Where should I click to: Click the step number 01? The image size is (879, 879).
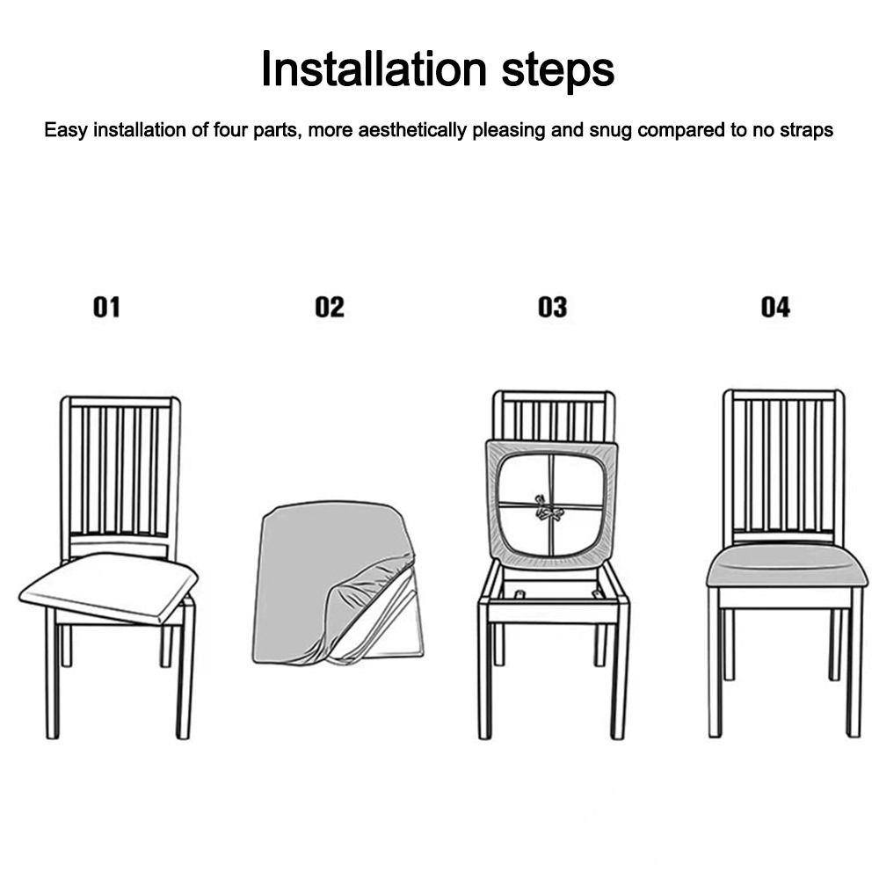click(106, 307)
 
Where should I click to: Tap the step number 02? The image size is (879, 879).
click(330, 307)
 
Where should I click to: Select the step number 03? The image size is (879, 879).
click(553, 307)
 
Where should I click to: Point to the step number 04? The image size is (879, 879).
click(775, 307)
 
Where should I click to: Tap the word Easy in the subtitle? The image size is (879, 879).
click(67, 132)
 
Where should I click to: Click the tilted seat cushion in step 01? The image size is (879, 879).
click(107, 587)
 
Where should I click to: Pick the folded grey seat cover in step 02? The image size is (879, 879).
click(316, 571)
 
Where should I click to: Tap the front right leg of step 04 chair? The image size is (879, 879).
click(854, 668)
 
